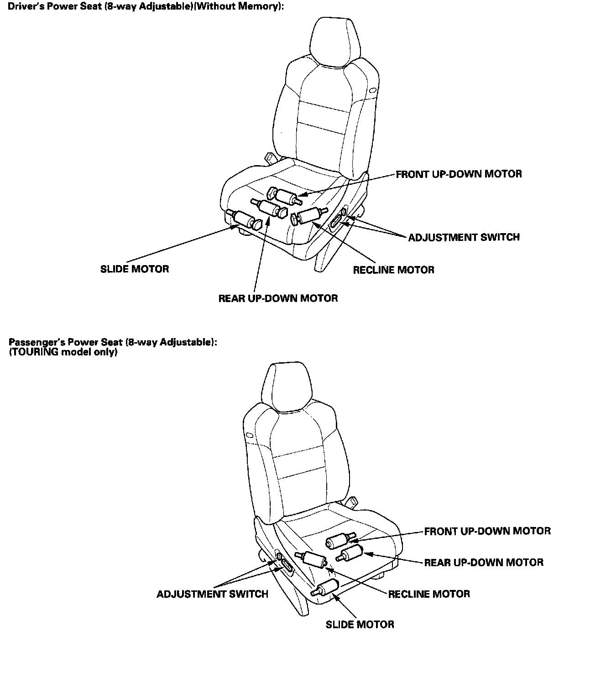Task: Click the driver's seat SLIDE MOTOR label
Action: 135,269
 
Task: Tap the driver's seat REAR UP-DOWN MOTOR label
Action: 278,298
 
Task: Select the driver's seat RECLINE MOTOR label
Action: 393,270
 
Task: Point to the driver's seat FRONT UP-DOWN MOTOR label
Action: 459,174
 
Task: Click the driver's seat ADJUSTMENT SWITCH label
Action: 464,237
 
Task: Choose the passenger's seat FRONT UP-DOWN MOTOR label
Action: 487,531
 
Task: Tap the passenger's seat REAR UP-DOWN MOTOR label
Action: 484,562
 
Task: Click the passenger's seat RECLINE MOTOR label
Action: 429,594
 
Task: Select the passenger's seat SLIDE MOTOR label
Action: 360,625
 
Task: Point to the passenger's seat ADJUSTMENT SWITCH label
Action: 212,594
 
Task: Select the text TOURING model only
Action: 63,353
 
